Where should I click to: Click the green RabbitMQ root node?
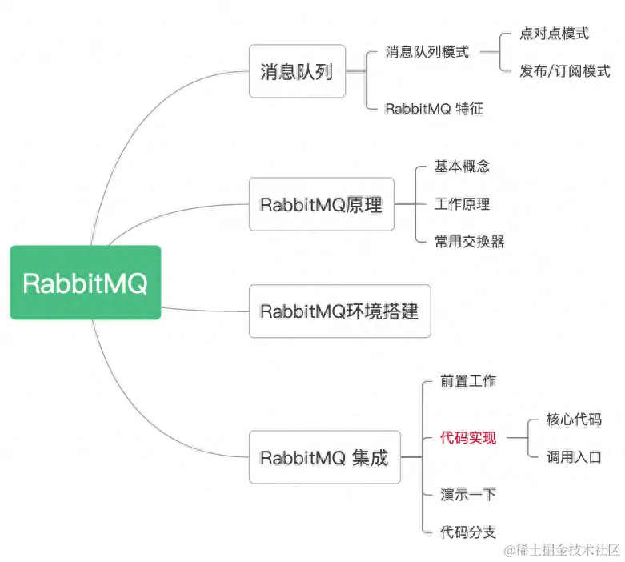85,283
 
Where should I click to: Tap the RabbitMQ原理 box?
321,204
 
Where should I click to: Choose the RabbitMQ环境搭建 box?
339,311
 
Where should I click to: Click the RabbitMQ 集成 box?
324,457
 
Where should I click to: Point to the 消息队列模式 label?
427,53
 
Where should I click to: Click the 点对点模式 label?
554,34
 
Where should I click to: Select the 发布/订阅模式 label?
564,71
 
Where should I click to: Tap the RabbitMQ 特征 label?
434,108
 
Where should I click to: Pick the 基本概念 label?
462,167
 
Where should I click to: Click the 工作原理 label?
462,204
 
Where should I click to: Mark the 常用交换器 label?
469,241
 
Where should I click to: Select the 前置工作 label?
468,381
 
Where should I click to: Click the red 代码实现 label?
468,438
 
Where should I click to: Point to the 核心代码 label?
574,419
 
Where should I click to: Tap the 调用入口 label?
574,457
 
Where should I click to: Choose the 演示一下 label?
468,494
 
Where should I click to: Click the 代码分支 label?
468,532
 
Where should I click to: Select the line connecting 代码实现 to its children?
517,438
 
